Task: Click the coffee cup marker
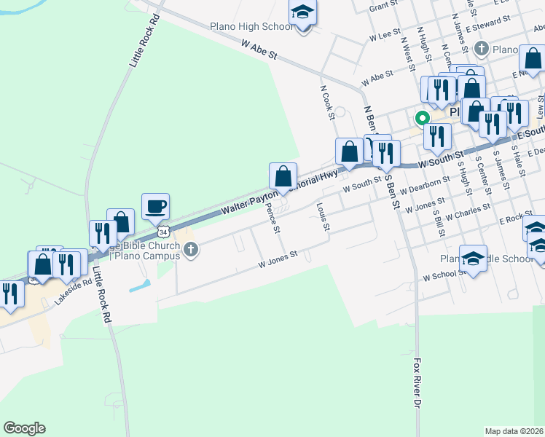click(x=155, y=206)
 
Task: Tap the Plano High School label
click(x=251, y=27)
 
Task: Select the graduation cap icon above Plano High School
click(x=302, y=13)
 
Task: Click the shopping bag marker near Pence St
click(x=283, y=176)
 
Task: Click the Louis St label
click(x=324, y=216)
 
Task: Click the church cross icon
click(x=190, y=251)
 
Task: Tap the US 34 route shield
click(x=165, y=232)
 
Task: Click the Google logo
click(x=24, y=428)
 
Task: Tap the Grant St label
click(x=383, y=7)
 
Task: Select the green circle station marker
click(x=421, y=117)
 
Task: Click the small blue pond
click(x=141, y=286)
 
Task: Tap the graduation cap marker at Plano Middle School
click(x=473, y=259)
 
